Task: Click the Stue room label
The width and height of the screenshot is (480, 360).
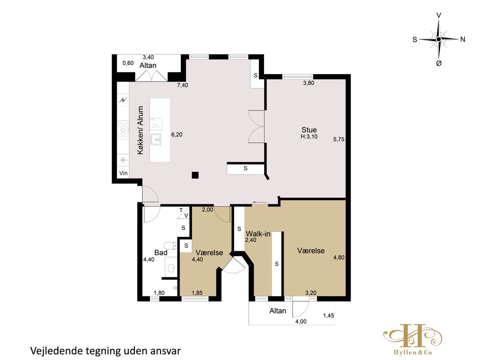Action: click(309, 130)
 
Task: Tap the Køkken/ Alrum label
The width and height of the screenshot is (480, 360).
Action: click(140, 130)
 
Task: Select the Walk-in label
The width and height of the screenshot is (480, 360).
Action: click(258, 234)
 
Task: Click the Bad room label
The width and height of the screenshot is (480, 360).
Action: click(161, 253)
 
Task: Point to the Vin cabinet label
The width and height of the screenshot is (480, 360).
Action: click(123, 173)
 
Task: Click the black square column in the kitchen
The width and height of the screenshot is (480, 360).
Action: click(195, 175)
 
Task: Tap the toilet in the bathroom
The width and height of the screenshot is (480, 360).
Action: click(170, 246)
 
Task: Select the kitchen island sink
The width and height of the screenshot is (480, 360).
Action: click(156, 140)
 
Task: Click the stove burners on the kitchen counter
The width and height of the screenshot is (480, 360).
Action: click(123, 130)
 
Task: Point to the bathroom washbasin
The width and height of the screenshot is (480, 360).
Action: click(171, 268)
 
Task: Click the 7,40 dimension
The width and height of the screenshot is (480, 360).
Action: click(182, 85)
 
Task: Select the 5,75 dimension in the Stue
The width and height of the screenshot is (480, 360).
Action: click(339, 139)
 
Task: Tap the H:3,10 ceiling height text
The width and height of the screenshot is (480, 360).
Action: click(309, 137)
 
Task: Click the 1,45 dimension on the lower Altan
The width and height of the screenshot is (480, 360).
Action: click(328, 316)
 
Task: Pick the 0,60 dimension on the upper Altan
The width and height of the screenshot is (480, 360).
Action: click(128, 63)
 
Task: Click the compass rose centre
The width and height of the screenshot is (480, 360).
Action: click(438, 39)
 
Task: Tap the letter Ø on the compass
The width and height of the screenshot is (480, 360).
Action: click(439, 63)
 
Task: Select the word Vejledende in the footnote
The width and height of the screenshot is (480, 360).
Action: click(56, 351)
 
